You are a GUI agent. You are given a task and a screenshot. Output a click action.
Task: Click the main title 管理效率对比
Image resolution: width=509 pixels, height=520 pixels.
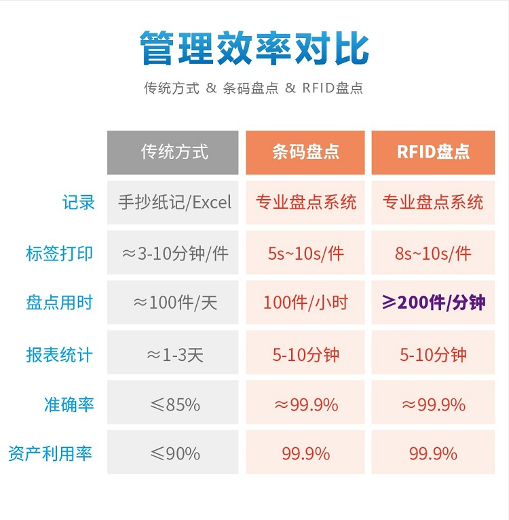[x=254, y=48]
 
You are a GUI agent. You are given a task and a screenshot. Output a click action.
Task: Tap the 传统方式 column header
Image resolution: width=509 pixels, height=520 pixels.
[x=173, y=152]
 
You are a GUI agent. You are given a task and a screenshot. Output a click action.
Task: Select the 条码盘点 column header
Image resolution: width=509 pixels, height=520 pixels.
[x=305, y=152]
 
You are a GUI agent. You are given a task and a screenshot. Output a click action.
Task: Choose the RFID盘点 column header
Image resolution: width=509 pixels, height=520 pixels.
[x=433, y=152]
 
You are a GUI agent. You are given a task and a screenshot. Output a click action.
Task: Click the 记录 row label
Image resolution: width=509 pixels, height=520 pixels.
[x=79, y=202]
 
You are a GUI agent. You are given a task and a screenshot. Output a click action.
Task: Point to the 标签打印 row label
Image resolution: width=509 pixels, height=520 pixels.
[x=60, y=254]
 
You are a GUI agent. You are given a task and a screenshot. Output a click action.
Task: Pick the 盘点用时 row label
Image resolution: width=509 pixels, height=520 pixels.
[x=60, y=303]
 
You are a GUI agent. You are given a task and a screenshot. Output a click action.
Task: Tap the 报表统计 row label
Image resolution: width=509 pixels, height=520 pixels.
[x=60, y=354]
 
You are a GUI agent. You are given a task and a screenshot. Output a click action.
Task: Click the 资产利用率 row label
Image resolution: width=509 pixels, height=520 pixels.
[x=51, y=453]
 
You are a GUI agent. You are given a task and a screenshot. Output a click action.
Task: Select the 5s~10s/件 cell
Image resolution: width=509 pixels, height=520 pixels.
[x=305, y=254]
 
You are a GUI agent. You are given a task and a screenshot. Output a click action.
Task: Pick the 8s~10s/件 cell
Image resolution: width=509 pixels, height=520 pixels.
[x=433, y=254]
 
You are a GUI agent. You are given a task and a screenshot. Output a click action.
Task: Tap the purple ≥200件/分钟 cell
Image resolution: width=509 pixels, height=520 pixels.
[x=433, y=303]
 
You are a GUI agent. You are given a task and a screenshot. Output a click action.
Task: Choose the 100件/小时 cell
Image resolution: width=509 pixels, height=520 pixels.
[x=305, y=303]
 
